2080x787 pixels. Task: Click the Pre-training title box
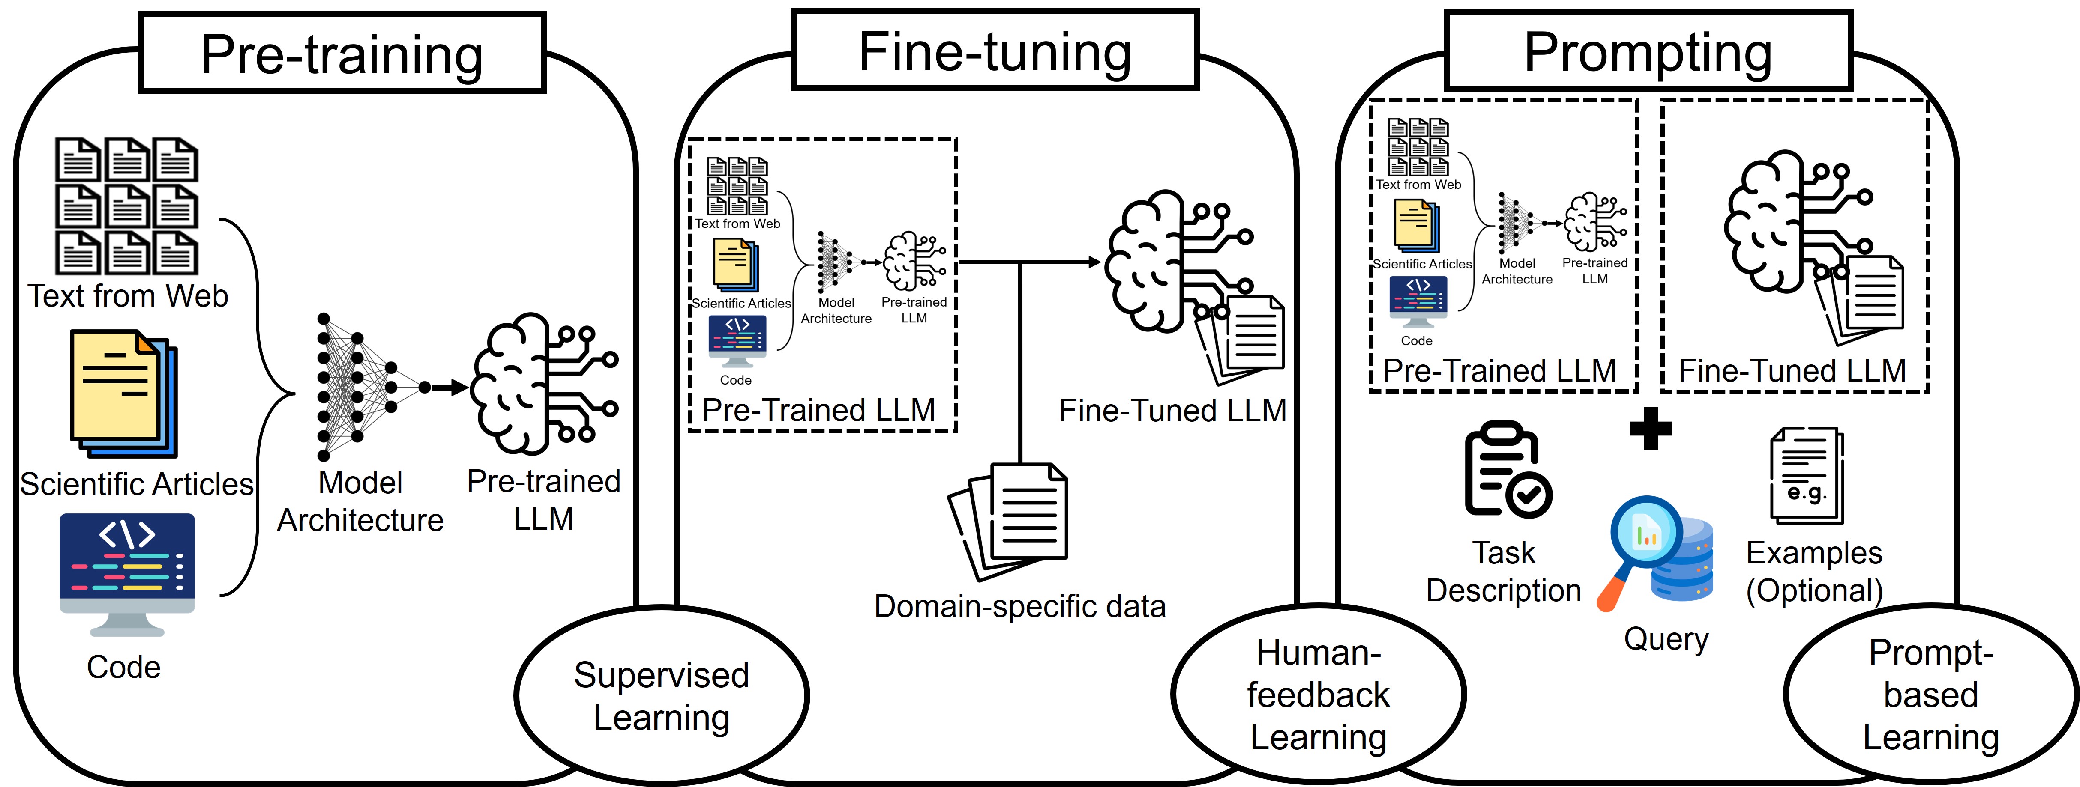point(342,53)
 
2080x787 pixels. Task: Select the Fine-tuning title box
point(995,50)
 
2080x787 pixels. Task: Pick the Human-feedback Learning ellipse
point(1318,694)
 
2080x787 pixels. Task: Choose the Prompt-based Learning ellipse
point(1930,694)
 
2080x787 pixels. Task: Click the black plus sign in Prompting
point(1651,429)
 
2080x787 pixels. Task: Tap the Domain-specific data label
point(1020,606)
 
